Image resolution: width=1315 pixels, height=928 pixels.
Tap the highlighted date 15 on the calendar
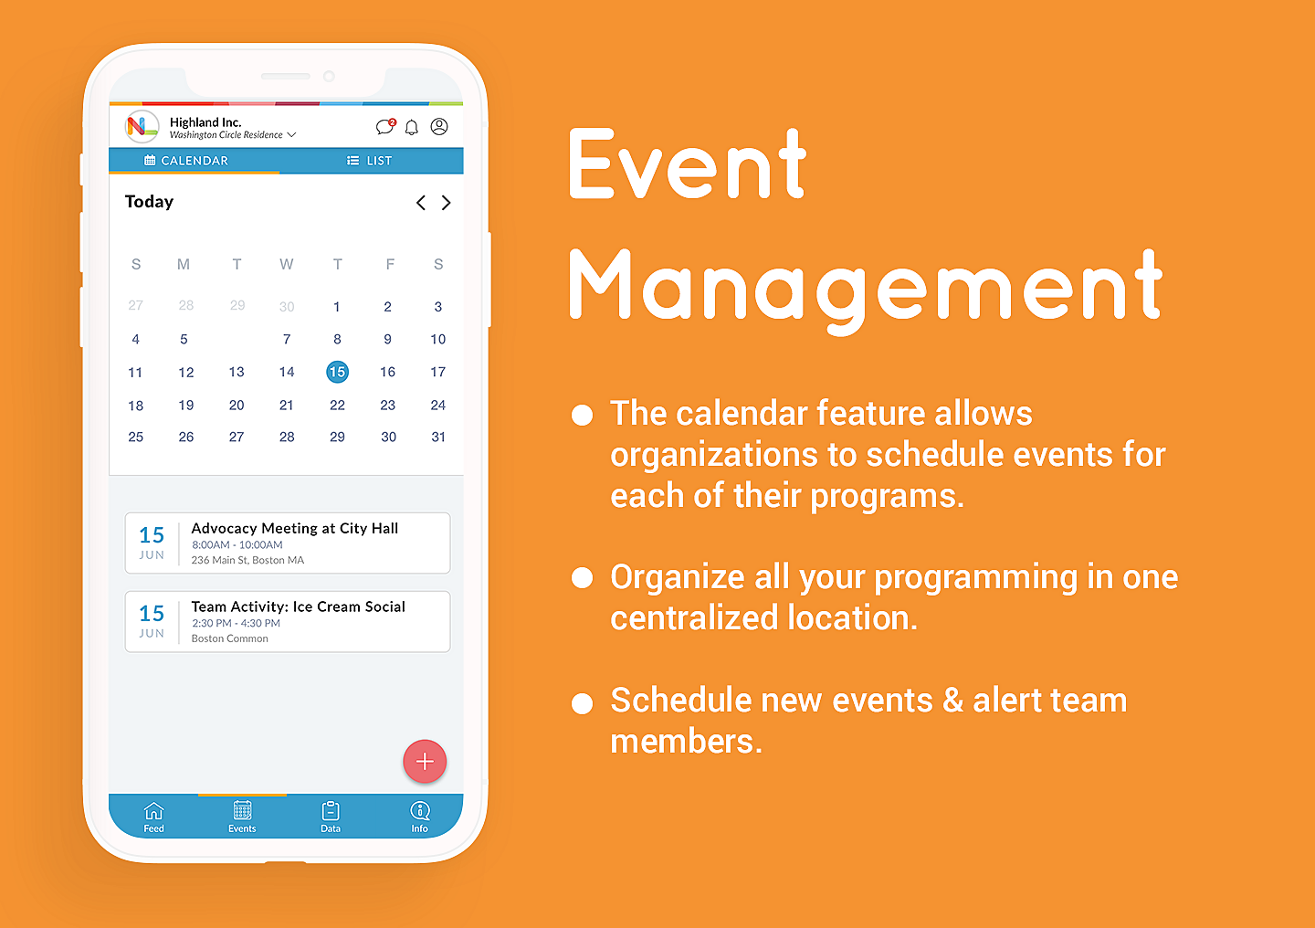pyautogui.click(x=337, y=372)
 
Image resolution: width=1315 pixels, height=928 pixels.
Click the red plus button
pyautogui.click(x=425, y=761)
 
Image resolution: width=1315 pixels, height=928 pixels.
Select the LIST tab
pyautogui.click(x=369, y=161)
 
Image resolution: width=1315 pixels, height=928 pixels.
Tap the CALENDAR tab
pyautogui.click(x=186, y=161)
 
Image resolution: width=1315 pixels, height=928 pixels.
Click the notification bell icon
pyautogui.click(x=412, y=127)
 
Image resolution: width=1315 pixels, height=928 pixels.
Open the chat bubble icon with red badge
pyautogui.click(x=385, y=126)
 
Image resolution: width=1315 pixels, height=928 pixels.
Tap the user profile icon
pyautogui.click(x=439, y=126)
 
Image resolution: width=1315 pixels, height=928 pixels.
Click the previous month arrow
pyautogui.click(x=420, y=203)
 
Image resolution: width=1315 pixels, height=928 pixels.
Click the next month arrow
pyautogui.click(x=447, y=203)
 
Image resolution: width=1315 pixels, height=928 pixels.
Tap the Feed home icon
pyautogui.click(x=153, y=810)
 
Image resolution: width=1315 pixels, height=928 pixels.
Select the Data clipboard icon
pyautogui.click(x=331, y=810)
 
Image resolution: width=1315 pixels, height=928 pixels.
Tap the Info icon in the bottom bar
pyautogui.click(x=420, y=810)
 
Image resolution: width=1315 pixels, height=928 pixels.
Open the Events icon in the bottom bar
pyautogui.click(x=243, y=810)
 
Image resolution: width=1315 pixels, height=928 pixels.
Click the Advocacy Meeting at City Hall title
pyautogui.click(x=295, y=528)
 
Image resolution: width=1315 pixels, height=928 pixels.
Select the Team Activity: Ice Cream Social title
pyautogui.click(x=299, y=606)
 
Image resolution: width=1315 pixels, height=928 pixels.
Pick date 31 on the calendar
pyautogui.click(x=438, y=437)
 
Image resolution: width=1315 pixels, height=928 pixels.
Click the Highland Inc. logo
pyautogui.click(x=142, y=126)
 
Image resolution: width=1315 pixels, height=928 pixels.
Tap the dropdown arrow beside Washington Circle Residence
pyautogui.click(x=292, y=134)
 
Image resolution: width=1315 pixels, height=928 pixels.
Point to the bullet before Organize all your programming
pyautogui.click(x=582, y=577)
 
